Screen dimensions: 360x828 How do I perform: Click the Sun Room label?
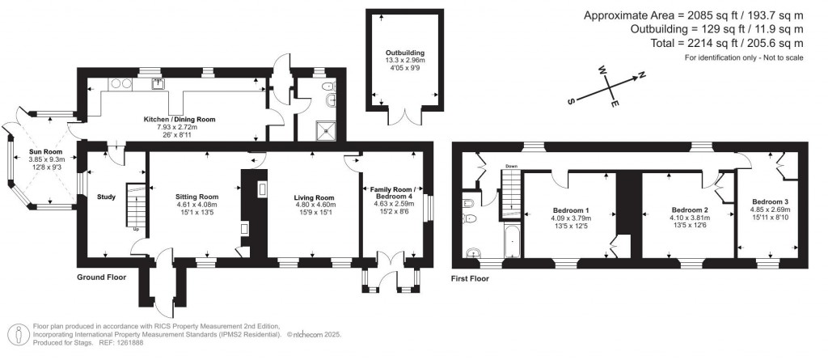pyautogui.click(x=46, y=150)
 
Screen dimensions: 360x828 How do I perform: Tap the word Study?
pyautogui.click(x=107, y=195)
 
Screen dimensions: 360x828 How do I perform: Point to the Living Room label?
pyautogui.click(x=314, y=197)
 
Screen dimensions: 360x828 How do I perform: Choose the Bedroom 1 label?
pyautogui.click(x=570, y=210)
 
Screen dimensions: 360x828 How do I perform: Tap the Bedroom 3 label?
pyautogui.click(x=771, y=201)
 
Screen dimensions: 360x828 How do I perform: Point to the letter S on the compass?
pyautogui.click(x=572, y=101)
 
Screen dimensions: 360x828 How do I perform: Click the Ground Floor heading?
pyautogui.click(x=102, y=277)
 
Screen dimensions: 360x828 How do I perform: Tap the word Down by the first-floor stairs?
pyautogui.click(x=510, y=167)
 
